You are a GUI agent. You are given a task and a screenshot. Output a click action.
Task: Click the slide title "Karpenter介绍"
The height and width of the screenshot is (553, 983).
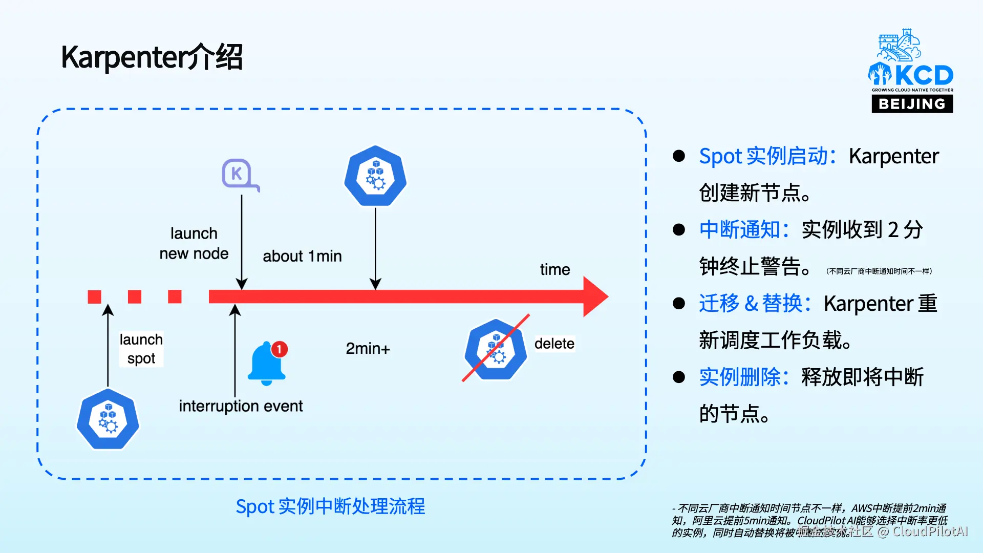[x=152, y=57]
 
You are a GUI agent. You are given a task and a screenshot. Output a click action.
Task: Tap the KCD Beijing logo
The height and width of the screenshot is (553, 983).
[x=911, y=72]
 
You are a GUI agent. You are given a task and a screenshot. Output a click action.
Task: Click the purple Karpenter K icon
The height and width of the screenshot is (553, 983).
[x=239, y=175]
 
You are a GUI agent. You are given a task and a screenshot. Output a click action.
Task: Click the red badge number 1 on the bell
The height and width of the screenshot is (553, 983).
[x=279, y=349]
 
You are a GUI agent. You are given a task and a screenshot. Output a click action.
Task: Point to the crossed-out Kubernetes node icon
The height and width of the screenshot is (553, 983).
[x=495, y=349]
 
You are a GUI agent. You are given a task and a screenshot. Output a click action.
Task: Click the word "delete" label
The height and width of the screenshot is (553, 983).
[x=554, y=344]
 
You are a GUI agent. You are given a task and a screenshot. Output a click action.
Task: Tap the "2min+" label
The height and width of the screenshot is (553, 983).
[x=368, y=349]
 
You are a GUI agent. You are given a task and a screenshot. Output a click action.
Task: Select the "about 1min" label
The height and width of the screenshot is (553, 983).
[x=302, y=256]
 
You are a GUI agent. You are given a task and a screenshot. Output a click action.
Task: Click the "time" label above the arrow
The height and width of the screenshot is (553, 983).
[x=554, y=269]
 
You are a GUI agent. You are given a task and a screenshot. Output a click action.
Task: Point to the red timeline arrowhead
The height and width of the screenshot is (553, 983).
[x=595, y=296]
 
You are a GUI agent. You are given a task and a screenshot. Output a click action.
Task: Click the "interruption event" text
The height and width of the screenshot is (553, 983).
[x=241, y=406]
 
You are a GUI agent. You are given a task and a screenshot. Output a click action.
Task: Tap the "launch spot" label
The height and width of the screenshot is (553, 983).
[x=141, y=349]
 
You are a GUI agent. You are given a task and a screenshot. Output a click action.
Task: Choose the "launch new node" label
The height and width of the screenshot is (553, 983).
[x=194, y=243]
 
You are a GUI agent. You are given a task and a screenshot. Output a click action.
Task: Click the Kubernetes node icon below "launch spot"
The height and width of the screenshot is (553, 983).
[x=108, y=419]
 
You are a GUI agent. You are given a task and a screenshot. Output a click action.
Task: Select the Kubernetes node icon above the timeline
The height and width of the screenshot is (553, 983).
[x=375, y=176]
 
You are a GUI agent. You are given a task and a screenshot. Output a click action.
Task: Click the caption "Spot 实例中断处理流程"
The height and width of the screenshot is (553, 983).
[x=330, y=506]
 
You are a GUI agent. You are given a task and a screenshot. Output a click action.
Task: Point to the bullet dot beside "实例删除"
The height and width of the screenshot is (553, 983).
[x=679, y=377]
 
